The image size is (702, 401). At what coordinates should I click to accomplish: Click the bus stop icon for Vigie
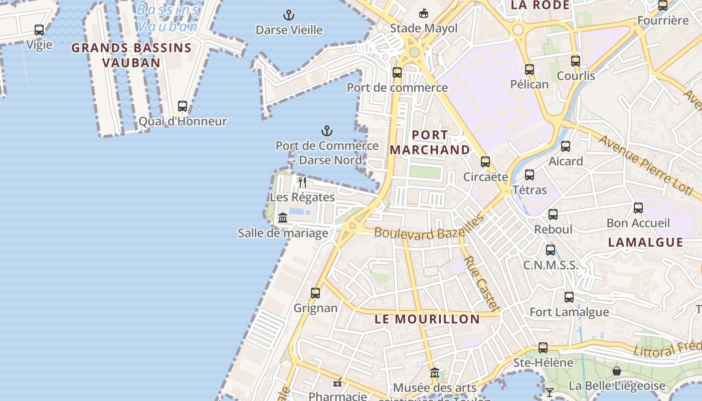(x=39, y=30)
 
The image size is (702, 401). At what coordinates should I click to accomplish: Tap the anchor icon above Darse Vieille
(x=288, y=15)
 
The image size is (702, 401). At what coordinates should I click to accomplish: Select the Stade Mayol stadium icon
(x=424, y=13)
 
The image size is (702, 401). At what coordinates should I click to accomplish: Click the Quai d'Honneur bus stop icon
(x=183, y=106)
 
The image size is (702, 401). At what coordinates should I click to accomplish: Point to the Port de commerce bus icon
(x=397, y=73)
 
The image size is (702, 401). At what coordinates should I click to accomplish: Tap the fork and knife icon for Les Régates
(x=302, y=181)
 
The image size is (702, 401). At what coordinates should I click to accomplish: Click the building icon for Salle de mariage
(x=283, y=218)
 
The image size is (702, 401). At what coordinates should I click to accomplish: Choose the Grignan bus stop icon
(x=315, y=293)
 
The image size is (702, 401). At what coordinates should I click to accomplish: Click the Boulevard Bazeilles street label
(x=429, y=229)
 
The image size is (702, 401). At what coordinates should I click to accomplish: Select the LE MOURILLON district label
(x=427, y=319)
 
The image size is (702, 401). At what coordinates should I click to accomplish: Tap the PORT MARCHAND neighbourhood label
(x=430, y=142)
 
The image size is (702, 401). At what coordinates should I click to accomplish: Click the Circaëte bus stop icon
(x=485, y=161)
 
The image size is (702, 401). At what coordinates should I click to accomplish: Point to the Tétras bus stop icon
(x=530, y=175)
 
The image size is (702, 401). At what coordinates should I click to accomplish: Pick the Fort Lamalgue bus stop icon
(x=569, y=297)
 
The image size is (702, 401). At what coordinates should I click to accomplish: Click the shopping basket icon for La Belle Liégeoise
(x=617, y=371)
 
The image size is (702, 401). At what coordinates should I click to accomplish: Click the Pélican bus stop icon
(x=530, y=70)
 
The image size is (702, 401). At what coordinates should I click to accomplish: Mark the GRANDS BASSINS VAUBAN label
(x=131, y=55)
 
